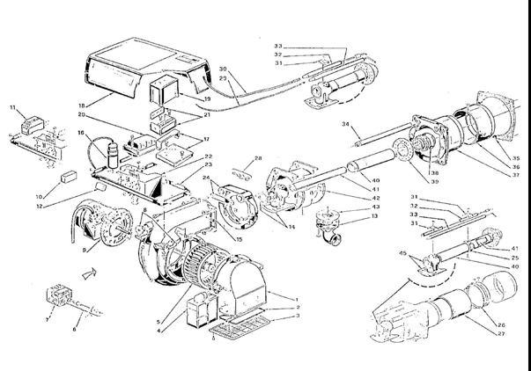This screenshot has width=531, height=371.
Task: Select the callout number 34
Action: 345,125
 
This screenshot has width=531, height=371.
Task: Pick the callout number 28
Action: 258,158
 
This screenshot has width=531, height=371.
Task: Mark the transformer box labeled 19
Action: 162,91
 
